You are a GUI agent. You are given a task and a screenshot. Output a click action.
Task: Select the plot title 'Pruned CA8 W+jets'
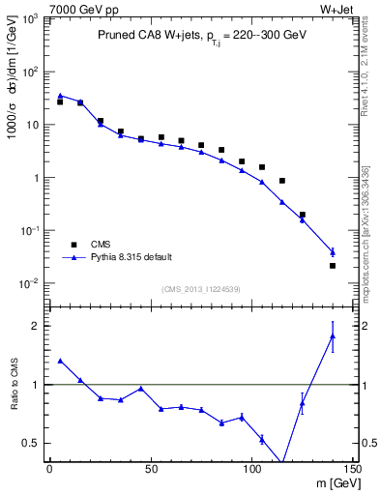(x=145, y=36)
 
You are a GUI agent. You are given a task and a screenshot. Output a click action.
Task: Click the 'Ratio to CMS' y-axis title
(x=16, y=385)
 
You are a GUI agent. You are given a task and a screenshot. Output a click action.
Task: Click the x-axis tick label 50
(x=150, y=469)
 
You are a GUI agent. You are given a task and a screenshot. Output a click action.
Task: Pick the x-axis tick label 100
(x=251, y=469)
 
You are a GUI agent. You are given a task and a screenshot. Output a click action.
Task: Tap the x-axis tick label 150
(x=352, y=469)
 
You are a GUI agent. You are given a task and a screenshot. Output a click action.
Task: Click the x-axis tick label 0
(x=49, y=469)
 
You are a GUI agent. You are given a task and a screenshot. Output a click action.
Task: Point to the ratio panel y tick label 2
(x=38, y=326)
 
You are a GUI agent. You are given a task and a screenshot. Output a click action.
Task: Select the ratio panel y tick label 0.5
(x=34, y=443)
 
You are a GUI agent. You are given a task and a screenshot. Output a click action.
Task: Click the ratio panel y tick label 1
(x=38, y=385)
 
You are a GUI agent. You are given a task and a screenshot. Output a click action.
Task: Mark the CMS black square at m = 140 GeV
(x=333, y=266)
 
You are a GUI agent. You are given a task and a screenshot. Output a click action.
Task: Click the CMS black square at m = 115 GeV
(x=281, y=181)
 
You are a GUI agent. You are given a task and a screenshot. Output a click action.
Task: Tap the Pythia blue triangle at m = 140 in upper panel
(x=333, y=251)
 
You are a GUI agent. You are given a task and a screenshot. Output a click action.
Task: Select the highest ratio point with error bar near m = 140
(x=333, y=335)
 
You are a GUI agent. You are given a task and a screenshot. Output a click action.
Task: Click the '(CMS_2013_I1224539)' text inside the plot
(x=201, y=288)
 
